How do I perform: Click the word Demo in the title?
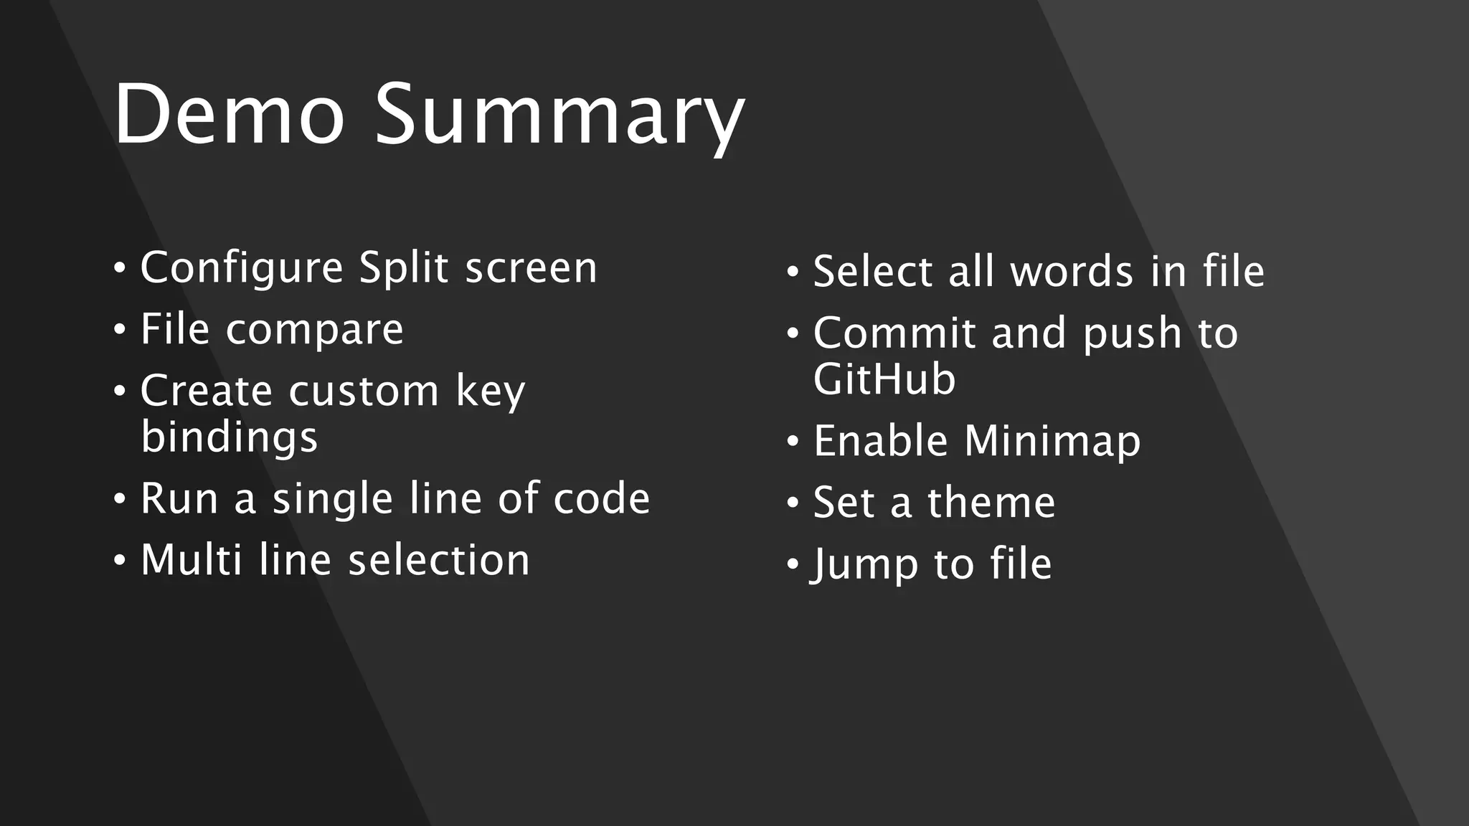(x=229, y=115)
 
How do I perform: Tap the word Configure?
(x=242, y=268)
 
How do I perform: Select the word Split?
(x=404, y=268)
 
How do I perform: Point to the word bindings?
(x=229, y=437)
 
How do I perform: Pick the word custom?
(x=364, y=391)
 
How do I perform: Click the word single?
(x=332, y=499)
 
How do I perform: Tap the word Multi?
(x=192, y=560)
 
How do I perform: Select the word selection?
(x=439, y=560)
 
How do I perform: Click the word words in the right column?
(x=1072, y=272)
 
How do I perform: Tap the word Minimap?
(x=1052, y=441)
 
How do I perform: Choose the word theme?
(x=991, y=503)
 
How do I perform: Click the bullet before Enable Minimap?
(x=792, y=441)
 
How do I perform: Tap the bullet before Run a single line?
(x=119, y=499)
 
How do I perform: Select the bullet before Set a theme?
(x=792, y=503)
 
